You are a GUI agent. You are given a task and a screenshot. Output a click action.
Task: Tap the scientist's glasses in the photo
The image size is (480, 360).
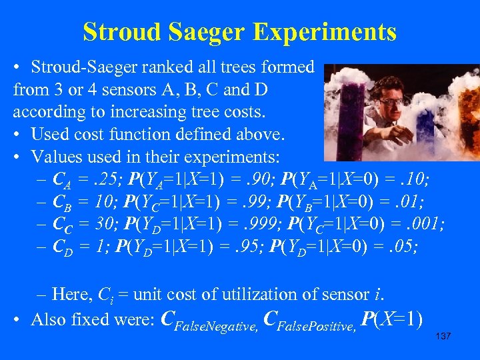394,101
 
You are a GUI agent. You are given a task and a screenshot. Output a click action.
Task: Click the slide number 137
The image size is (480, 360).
443,336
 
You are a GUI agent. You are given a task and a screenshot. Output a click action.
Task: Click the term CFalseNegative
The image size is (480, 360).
211,321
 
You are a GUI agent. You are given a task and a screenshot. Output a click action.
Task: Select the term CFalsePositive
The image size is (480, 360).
311,321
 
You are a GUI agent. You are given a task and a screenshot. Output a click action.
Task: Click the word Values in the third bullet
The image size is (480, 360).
53,157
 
